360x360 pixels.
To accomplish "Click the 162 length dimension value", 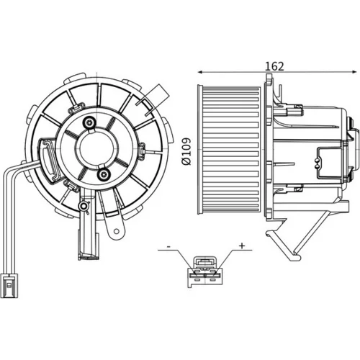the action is pos(274,66).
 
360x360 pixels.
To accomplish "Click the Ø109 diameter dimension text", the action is pos(186,151).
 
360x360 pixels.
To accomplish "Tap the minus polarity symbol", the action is pos(168,246).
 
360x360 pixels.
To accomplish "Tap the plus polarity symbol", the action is pos(242,246).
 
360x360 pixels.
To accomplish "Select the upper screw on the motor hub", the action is pos(90,123).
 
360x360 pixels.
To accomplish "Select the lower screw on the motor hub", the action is pos(104,174).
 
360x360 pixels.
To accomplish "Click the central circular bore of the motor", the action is pos(96,148).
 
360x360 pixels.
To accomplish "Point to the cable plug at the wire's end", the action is pos(9,285).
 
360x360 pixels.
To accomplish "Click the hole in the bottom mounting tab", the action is pos(117,231).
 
